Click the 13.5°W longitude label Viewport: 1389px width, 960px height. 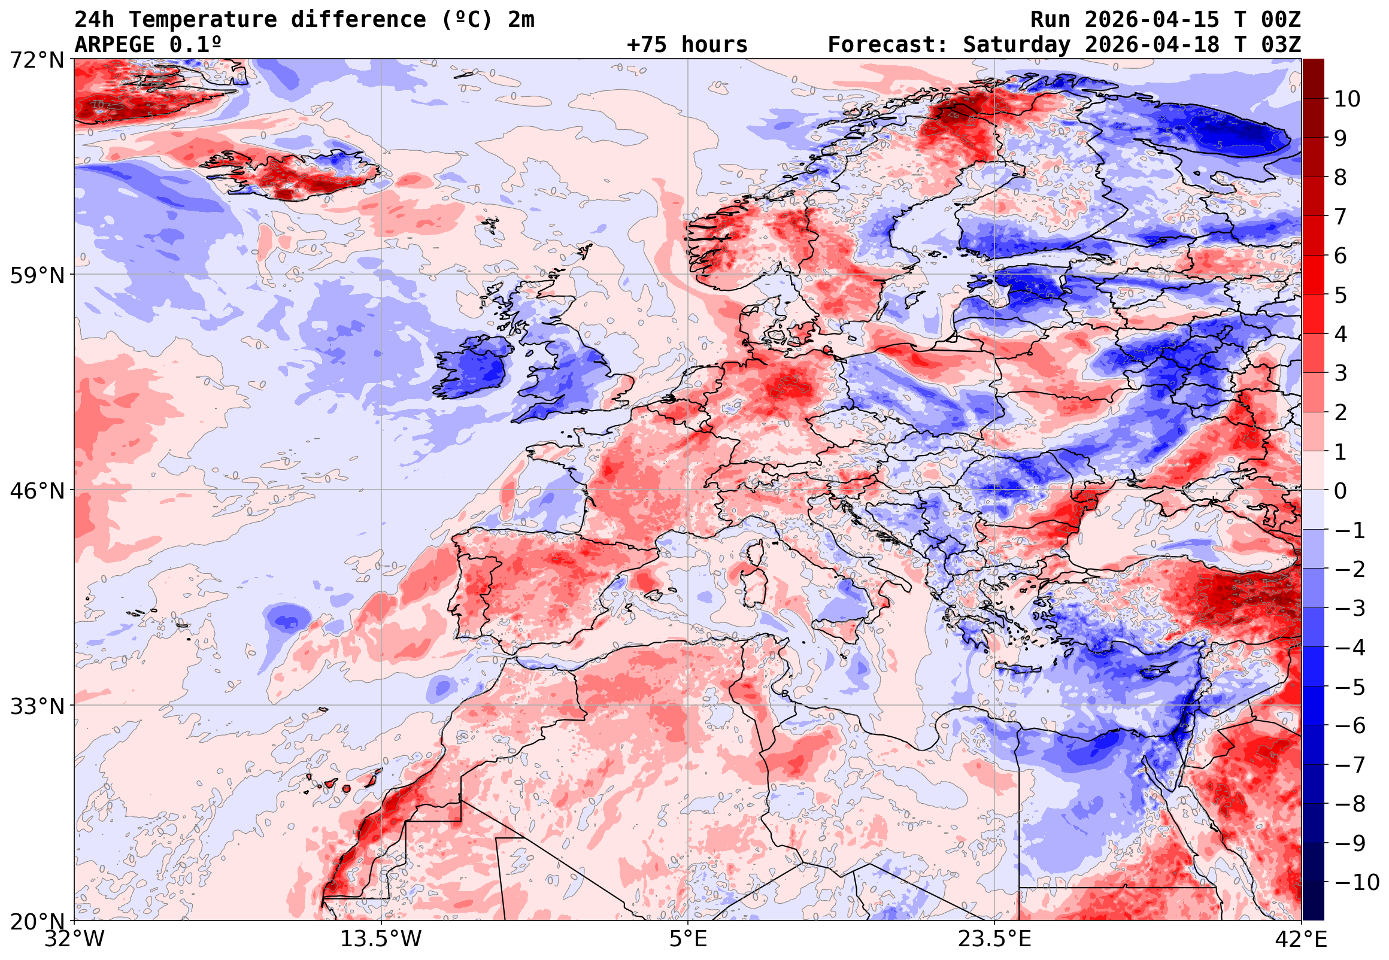tap(381, 939)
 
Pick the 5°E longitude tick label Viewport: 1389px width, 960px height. tap(688, 939)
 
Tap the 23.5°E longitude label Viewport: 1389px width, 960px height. tap(994, 939)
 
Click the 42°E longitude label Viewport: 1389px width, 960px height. tap(1301, 939)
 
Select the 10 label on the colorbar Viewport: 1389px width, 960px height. tap(1347, 99)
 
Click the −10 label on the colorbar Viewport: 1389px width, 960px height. tap(1357, 882)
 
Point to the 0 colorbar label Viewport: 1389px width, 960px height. tap(1341, 491)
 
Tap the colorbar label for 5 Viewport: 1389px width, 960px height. tap(1341, 295)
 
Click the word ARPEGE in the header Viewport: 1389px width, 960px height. tap(114, 45)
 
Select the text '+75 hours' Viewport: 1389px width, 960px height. tap(687, 45)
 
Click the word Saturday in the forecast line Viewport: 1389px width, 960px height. tap(1017, 45)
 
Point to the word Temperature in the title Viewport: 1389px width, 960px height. tap(203, 20)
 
